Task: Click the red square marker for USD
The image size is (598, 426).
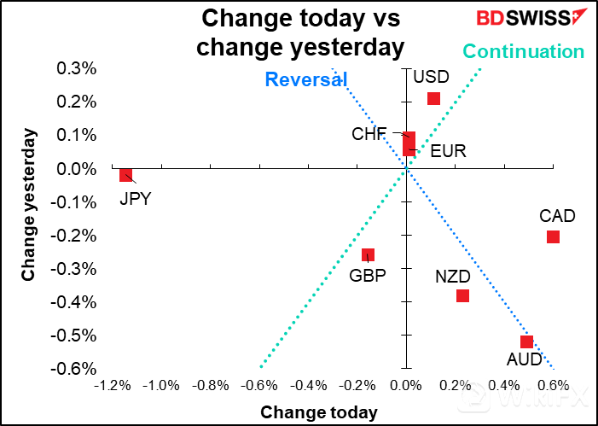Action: pyautogui.click(x=433, y=98)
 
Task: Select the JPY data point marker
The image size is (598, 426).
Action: pyautogui.click(x=126, y=175)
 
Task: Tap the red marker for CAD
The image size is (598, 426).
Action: pyautogui.click(x=553, y=236)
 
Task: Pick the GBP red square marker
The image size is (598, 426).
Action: pyautogui.click(x=368, y=254)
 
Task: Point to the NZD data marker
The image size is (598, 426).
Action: pyautogui.click(x=462, y=295)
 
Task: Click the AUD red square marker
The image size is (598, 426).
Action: pyautogui.click(x=526, y=341)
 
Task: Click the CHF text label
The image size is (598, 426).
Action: pyautogui.click(x=369, y=134)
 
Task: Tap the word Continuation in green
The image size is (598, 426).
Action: pyautogui.click(x=524, y=52)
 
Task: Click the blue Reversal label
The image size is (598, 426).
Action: pyautogui.click(x=305, y=80)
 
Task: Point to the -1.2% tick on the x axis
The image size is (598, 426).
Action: pyautogui.click(x=114, y=386)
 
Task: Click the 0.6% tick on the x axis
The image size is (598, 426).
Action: pyautogui.click(x=553, y=386)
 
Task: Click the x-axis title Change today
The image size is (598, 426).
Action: pyautogui.click(x=319, y=412)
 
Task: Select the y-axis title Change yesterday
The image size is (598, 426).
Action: pyautogui.click(x=29, y=205)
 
